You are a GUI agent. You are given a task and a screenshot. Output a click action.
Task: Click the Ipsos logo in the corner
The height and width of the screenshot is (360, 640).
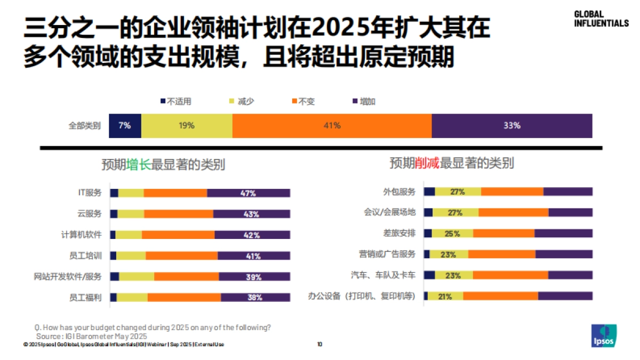pos(604,335)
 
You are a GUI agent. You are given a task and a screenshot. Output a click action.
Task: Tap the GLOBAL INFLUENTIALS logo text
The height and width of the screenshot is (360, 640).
pos(601,19)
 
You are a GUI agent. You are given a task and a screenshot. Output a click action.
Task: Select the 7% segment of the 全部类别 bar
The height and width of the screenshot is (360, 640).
pos(125,126)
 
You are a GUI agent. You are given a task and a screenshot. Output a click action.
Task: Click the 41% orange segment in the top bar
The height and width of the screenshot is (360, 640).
pos(332,126)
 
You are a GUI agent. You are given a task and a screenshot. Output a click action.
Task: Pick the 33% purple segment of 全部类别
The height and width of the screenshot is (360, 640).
pos(511,126)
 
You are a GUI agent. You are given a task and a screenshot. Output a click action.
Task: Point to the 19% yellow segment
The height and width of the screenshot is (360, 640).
pos(187,126)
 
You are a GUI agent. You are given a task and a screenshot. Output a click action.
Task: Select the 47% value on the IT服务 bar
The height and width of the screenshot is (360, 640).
pos(249,193)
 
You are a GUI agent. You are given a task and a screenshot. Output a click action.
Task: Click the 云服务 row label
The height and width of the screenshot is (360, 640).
pos(89,214)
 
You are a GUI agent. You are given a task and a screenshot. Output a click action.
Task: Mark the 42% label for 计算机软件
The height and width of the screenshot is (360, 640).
pos(252,235)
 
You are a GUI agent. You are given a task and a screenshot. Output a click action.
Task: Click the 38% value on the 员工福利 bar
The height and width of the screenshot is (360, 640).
pos(255,298)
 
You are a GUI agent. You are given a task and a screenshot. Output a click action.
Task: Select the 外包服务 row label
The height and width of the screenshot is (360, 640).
pos(399,191)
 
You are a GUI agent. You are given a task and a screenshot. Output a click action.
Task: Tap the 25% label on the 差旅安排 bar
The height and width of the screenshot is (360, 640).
pos(452,234)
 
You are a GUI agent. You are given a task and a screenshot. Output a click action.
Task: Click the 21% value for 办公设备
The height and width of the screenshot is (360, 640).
pos(445,297)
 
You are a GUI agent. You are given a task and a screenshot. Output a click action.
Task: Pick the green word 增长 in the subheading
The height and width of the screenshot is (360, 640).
pos(139,165)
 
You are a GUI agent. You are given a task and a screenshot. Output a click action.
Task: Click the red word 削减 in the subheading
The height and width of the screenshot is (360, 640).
pos(427,163)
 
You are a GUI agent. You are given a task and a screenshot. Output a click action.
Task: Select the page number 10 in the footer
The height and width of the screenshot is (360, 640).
pos(319,345)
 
